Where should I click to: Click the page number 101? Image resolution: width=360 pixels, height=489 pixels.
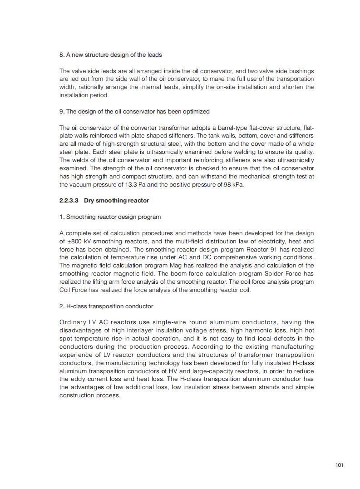pos(339,464)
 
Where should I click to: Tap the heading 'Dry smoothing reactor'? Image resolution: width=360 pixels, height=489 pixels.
pos(116,200)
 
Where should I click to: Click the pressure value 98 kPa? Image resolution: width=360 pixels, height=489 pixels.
pos(232,184)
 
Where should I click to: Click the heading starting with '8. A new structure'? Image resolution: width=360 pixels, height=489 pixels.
pos(110,54)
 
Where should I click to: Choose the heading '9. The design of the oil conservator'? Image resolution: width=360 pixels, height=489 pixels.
pos(134,111)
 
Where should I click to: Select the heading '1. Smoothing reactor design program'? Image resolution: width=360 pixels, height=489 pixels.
pos(110,217)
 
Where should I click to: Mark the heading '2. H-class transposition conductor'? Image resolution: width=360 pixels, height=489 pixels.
pos(106,306)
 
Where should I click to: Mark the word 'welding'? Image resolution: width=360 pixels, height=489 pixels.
pos(199,152)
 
